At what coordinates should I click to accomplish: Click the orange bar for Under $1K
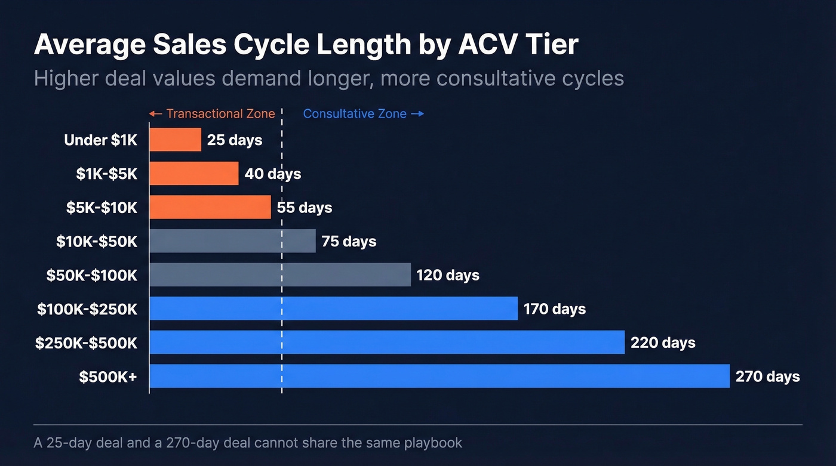175,140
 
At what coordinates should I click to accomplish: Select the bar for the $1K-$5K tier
193,174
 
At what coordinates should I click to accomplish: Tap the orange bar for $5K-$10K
210,207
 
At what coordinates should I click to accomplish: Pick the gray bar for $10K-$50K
232,241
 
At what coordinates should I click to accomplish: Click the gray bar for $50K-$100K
279,274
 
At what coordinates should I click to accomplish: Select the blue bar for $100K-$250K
333,308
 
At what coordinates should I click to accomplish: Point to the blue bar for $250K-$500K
386,342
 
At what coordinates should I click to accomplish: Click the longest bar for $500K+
439,376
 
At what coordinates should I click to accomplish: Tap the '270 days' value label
767,376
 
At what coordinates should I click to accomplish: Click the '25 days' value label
234,140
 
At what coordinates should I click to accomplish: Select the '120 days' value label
448,275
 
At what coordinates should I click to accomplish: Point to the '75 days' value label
349,241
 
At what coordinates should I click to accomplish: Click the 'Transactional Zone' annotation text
220,113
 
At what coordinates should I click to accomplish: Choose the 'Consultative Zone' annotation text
355,113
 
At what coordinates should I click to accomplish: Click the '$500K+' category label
108,376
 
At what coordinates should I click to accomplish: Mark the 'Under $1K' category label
100,140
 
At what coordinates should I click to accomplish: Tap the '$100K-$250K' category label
87,309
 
